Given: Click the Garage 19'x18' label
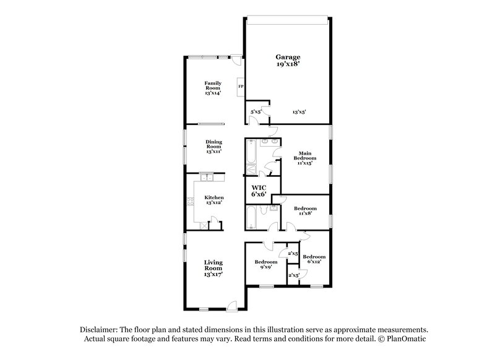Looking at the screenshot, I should click(x=288, y=61).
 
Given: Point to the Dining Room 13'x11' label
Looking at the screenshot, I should click(x=213, y=146).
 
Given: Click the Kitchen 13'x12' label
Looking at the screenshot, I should click(x=213, y=200).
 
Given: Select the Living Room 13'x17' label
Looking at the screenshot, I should click(x=213, y=267).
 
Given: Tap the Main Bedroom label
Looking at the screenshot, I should click(x=304, y=158).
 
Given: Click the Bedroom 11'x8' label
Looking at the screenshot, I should click(x=305, y=211).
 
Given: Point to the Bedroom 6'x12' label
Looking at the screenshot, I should click(x=313, y=259).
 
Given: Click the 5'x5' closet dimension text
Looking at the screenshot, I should click(x=256, y=112).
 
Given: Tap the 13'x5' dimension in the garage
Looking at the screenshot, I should click(x=299, y=112).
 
